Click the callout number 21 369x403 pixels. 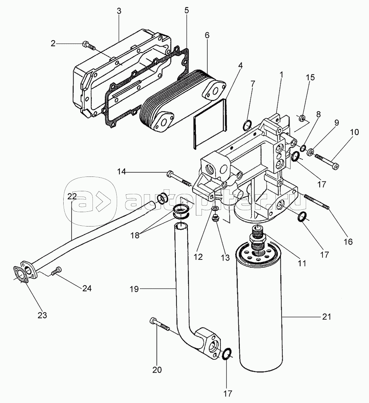(326, 317)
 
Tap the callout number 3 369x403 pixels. (119, 11)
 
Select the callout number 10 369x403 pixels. (354, 132)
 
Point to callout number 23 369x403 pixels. (42, 315)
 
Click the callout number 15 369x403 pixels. (310, 77)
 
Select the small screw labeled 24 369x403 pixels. (56, 271)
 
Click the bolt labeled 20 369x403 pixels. (159, 324)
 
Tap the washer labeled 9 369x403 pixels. (311, 152)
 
